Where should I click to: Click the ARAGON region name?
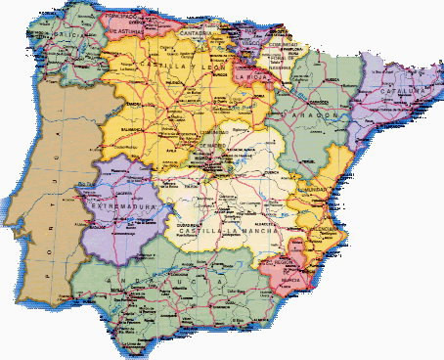[x=315, y=115]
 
